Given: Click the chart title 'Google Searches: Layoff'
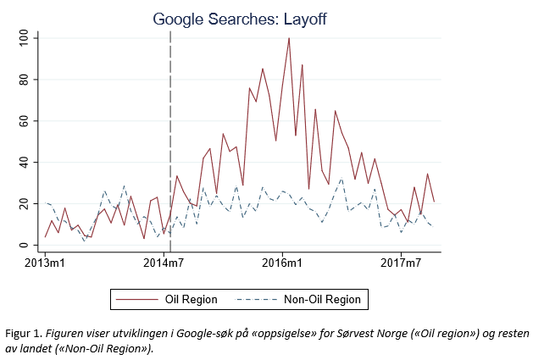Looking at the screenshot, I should [x=239, y=18].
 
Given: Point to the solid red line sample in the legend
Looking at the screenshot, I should [x=136, y=299].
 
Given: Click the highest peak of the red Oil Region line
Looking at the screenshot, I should [x=289, y=38].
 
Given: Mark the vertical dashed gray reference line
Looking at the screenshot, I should [x=170, y=127].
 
